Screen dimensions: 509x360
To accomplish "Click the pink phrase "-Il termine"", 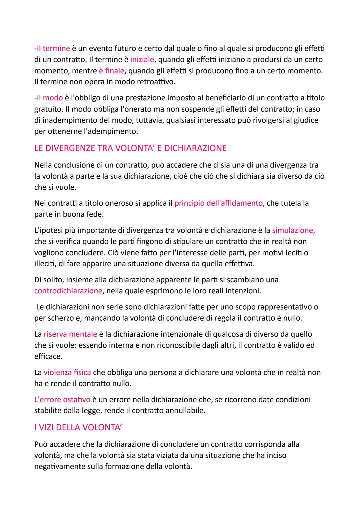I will (x=52, y=48).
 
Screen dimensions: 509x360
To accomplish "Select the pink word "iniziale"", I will (x=142, y=60).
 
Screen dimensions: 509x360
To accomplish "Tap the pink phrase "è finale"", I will (x=111, y=71).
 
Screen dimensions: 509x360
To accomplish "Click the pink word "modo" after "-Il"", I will (x=53, y=98).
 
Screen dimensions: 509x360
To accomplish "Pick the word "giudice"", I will (x=304, y=120).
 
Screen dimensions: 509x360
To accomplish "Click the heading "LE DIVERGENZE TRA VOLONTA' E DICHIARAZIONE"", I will (x=130, y=148).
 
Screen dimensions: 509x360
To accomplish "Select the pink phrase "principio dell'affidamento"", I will (x=218, y=203).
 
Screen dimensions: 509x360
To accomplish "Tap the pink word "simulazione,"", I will (x=293, y=230).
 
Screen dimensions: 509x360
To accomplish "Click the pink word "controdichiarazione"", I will (x=68, y=291).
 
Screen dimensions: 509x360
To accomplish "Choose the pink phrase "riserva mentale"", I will (x=70, y=334).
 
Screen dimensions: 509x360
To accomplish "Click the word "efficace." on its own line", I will (x=48, y=356).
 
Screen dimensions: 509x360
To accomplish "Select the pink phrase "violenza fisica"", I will (x=67, y=372).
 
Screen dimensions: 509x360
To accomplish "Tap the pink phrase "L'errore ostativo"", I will (x=62, y=399).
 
